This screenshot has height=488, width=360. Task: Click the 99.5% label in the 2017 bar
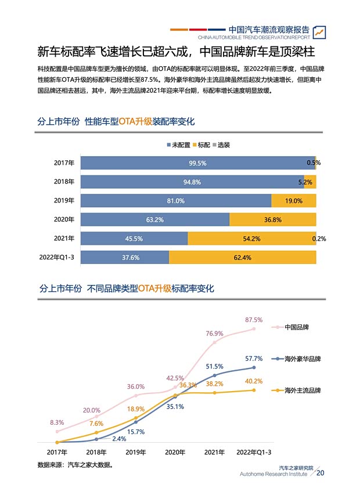click(x=197, y=163)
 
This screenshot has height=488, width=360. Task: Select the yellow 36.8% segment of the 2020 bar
click(x=272, y=220)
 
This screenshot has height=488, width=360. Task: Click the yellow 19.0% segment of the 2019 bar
click(x=293, y=201)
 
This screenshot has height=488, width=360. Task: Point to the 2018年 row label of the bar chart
click(x=64, y=182)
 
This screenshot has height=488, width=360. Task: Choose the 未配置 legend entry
click(x=180, y=144)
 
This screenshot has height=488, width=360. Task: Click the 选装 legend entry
click(x=221, y=144)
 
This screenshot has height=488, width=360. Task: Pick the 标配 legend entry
click(x=201, y=144)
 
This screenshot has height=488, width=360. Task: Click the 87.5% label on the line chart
click(x=254, y=320)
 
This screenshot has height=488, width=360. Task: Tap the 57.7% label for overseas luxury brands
click(x=254, y=358)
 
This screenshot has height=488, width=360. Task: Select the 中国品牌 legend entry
click(x=296, y=327)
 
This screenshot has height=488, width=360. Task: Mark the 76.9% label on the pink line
click(x=214, y=334)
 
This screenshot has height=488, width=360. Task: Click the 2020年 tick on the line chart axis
click(x=175, y=452)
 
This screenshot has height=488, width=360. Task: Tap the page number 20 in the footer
click(x=321, y=473)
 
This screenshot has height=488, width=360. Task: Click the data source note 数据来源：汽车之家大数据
click(x=75, y=465)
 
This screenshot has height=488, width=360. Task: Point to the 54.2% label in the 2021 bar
click(x=251, y=238)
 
